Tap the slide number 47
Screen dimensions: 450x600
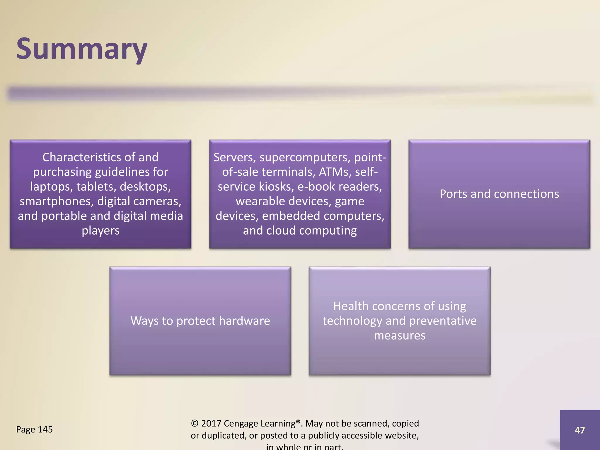[579, 430]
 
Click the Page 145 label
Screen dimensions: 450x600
[34, 429]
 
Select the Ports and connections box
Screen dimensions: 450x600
[499, 194]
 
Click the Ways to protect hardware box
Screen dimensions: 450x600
[200, 321]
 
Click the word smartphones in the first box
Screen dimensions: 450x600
[56, 201]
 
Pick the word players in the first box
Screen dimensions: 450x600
[100, 231]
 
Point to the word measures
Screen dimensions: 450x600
[400, 335]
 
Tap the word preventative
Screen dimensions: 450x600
[443, 321]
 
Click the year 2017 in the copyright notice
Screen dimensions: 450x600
[211, 423]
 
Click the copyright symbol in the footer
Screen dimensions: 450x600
[195, 423]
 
